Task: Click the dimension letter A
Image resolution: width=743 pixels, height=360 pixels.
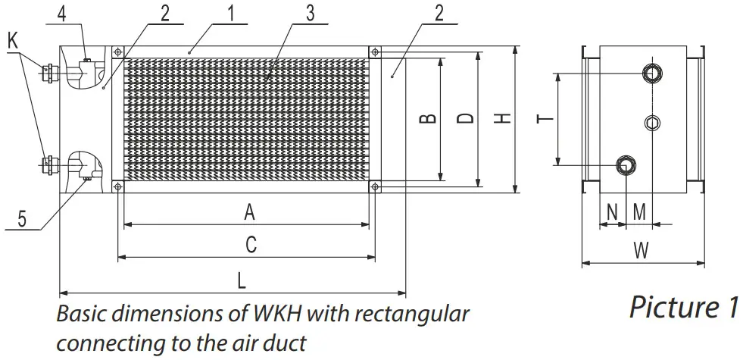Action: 248,213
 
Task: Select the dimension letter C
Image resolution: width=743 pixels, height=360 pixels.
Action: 251,244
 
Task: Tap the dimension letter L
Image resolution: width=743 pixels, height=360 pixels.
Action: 241,280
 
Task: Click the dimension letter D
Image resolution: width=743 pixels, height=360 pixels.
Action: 467,118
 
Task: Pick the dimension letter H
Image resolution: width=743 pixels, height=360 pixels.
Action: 504,118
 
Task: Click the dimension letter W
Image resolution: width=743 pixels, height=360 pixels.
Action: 641,252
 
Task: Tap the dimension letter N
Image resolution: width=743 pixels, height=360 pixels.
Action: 612,211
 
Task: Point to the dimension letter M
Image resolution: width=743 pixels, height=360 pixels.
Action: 639,211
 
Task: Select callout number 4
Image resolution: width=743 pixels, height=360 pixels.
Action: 63,12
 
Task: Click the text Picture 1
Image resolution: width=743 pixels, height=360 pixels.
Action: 683,308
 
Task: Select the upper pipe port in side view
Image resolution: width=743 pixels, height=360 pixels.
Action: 651,73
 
